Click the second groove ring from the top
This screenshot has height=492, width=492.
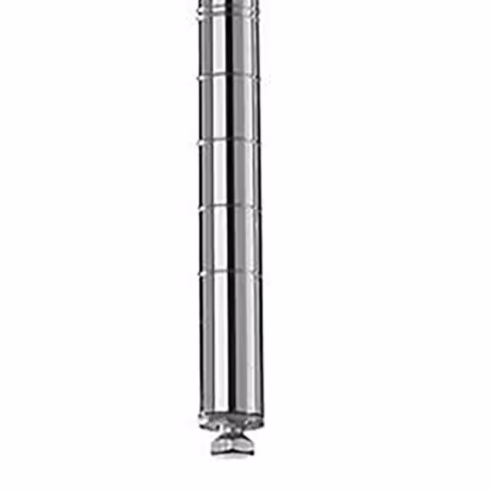(x=229, y=77)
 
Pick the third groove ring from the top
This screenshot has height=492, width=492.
(x=229, y=141)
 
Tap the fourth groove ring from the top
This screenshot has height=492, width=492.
(x=229, y=207)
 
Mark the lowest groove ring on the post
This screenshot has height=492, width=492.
(x=229, y=271)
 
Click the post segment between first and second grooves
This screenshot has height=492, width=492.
(x=229, y=46)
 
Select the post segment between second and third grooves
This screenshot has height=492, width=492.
(x=229, y=109)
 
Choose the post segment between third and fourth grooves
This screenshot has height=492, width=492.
(x=229, y=174)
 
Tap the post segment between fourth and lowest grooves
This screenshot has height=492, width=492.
(x=229, y=239)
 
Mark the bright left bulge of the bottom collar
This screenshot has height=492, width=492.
(x=204, y=421)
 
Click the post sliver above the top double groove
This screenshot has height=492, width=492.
(x=229, y=4)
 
